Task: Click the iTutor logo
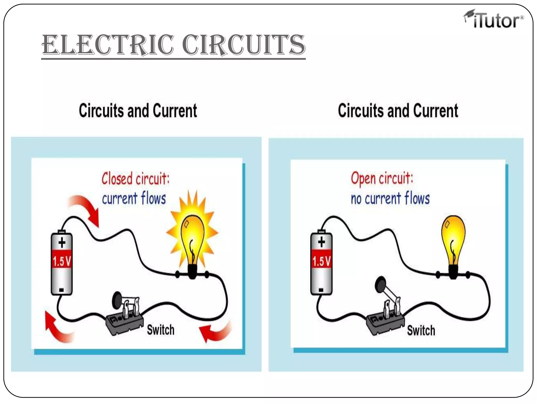click(x=493, y=19)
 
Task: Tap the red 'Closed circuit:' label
click(x=136, y=179)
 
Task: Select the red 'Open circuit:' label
click(x=382, y=178)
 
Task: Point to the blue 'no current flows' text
click(x=390, y=198)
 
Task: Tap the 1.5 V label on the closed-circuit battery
click(x=62, y=261)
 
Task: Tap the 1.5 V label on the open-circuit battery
click(x=321, y=261)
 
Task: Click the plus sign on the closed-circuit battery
click(x=62, y=242)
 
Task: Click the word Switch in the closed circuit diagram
click(x=160, y=330)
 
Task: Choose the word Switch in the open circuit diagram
click(x=421, y=330)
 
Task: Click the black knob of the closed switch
click(x=117, y=300)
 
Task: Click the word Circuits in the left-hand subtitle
click(x=101, y=111)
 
